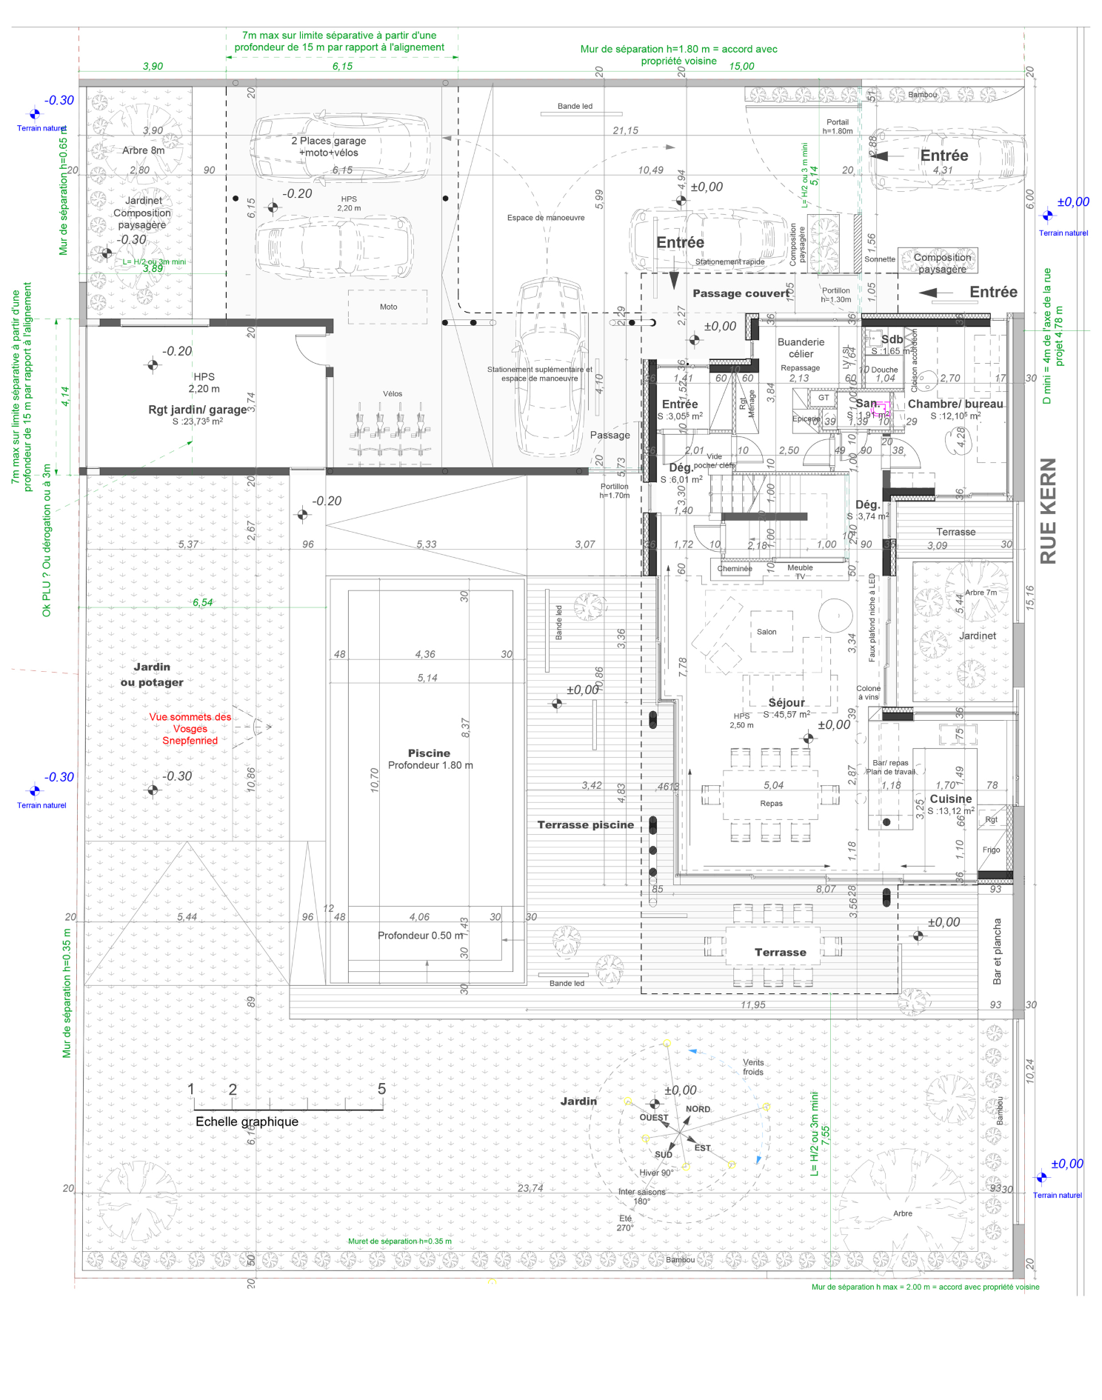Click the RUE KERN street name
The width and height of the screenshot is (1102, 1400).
1047,510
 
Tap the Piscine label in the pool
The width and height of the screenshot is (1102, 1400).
429,753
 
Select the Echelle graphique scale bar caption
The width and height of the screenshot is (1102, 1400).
247,1121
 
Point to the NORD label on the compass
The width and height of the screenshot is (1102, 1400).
698,1109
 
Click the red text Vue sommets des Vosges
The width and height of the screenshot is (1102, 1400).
190,728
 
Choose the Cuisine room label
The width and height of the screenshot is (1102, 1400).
950,799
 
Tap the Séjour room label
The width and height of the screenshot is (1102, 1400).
786,702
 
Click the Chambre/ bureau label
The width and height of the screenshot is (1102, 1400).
955,404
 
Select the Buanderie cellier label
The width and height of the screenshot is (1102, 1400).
801,347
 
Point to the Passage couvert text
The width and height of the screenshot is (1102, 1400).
741,293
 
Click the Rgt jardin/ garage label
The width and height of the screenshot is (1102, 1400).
197,410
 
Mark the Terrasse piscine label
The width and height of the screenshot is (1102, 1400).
585,824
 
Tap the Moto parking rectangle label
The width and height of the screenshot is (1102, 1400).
388,307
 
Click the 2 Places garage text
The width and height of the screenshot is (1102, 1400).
328,141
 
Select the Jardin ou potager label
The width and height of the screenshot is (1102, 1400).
152,674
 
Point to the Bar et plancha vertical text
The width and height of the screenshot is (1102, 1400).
997,951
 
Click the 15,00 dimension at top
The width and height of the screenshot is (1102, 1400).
741,66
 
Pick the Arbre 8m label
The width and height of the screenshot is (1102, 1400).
143,150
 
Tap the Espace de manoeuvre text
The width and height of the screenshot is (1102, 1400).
546,218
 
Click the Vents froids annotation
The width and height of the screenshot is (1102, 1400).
753,1067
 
